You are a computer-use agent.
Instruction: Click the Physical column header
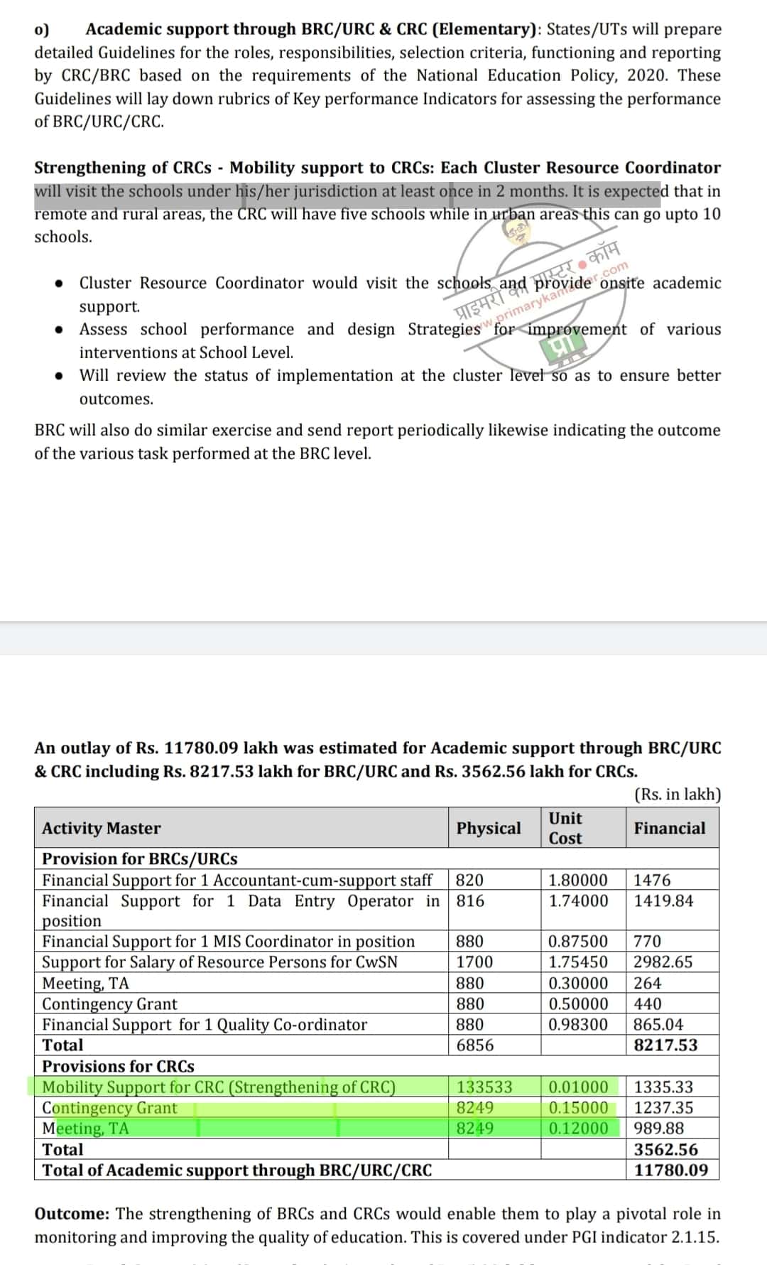coord(488,828)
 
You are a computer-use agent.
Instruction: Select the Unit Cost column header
coord(565,828)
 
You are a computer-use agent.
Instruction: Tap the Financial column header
coord(670,828)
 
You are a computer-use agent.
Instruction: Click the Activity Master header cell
coord(102,828)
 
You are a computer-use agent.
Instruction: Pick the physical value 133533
coord(484,1087)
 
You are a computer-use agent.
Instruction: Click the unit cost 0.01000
coord(578,1087)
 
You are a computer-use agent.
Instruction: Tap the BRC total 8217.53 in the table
coord(665,1045)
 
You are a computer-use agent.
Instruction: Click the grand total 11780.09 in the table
coord(670,1170)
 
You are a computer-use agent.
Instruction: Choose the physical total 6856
coord(474,1045)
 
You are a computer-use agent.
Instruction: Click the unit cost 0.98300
coord(578,1024)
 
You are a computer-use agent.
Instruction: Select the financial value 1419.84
coord(663,900)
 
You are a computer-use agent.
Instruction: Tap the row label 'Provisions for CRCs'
coord(118,1066)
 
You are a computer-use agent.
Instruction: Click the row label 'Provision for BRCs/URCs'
coord(140,858)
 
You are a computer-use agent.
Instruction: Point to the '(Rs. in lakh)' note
coord(677,795)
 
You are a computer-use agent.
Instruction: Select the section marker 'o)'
coord(42,29)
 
